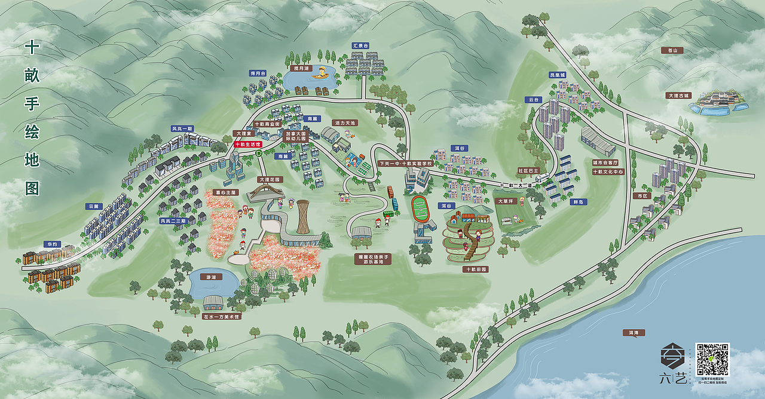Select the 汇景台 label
pyautogui.click(x=360, y=45)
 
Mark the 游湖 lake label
pyautogui.click(x=210, y=277)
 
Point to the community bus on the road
pyautogui.click(x=541, y=177)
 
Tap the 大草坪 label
pyautogui.click(x=505, y=201)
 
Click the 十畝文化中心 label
pyautogui.click(x=608, y=171)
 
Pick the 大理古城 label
pyautogui.click(x=678, y=96)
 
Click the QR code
pyautogui.click(x=712, y=359)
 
